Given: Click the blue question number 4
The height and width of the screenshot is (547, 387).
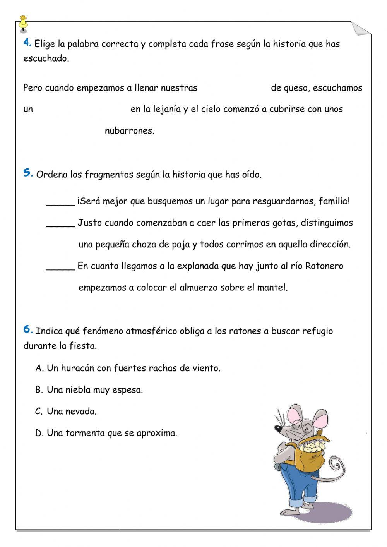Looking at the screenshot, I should [27, 43].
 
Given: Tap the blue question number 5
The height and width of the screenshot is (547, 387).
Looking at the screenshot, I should [28, 173].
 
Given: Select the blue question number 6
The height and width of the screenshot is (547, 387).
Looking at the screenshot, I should [28, 329].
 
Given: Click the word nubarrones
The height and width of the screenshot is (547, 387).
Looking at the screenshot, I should [129, 131].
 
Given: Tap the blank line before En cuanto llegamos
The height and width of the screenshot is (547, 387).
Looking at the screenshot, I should [60, 268].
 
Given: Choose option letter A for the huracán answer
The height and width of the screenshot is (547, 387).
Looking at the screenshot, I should [39, 368].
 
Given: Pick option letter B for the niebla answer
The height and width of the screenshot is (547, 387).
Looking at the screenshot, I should [39, 390].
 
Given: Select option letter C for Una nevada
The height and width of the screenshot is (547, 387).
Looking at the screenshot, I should [39, 412].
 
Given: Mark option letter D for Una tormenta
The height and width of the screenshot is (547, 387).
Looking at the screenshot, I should [39, 433].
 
